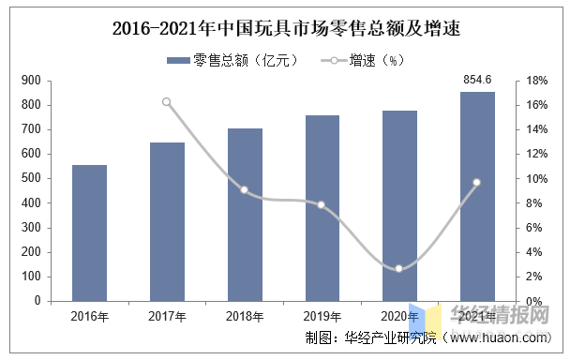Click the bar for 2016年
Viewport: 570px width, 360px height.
click(x=89, y=233)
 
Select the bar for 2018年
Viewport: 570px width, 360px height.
click(x=245, y=215)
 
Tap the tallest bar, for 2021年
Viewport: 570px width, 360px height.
click(x=477, y=197)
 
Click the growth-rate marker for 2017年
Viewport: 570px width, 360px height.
click(x=167, y=102)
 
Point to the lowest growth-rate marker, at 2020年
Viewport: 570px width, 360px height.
click(x=398, y=269)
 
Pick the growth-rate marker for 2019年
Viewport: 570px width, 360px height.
click(x=321, y=205)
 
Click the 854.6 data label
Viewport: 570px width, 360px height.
click(x=477, y=80)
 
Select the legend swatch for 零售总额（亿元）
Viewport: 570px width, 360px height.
click(x=178, y=60)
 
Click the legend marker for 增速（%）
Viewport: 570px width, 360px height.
click(x=334, y=60)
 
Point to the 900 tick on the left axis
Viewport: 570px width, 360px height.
click(x=31, y=81)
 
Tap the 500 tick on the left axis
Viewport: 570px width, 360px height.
click(x=31, y=178)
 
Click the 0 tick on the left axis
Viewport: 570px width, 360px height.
click(x=37, y=301)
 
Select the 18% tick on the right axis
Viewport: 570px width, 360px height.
click(x=537, y=81)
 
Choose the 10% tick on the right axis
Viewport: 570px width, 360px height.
click(x=537, y=178)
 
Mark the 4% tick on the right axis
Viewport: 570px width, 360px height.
click(x=534, y=252)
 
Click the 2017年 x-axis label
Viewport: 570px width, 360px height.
click(x=167, y=316)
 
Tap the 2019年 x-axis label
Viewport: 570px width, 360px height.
click(x=322, y=316)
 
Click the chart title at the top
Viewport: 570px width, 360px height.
click(x=287, y=28)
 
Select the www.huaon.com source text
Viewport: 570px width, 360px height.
click(x=501, y=337)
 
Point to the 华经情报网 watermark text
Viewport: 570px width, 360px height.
click(x=500, y=314)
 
